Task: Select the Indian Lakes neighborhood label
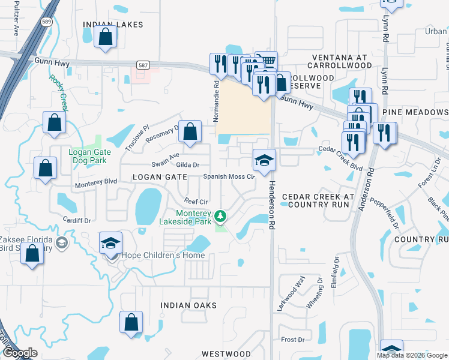click(113, 25)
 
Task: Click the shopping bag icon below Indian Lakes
click(105, 37)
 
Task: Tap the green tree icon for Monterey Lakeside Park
click(221, 214)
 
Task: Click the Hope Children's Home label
click(163, 256)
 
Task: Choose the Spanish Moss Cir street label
click(229, 177)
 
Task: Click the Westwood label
click(226, 355)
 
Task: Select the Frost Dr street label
click(293, 340)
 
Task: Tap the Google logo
click(20, 353)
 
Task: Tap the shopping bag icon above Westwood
click(131, 323)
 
